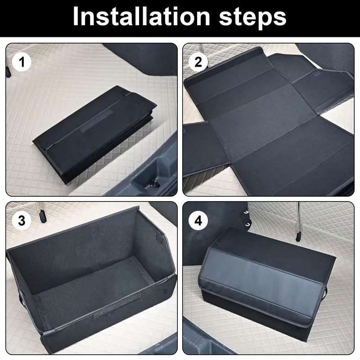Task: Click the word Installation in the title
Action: coord(141,17)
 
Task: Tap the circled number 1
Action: coord(22,62)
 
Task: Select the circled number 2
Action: coord(198,62)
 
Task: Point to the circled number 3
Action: coord(22,220)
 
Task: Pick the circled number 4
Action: coord(198,220)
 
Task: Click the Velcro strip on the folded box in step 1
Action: coord(96,121)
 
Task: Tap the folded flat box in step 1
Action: coord(94,134)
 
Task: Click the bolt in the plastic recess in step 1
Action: coord(153,184)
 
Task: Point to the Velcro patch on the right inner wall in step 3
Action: coord(159,239)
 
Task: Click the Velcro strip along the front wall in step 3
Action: coord(117,306)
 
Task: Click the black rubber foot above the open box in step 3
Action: coord(42,217)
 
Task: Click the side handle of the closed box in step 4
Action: coord(325,293)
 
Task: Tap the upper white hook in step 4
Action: coord(247,212)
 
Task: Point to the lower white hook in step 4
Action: coord(247,224)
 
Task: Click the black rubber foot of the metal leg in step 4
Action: coord(298,237)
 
